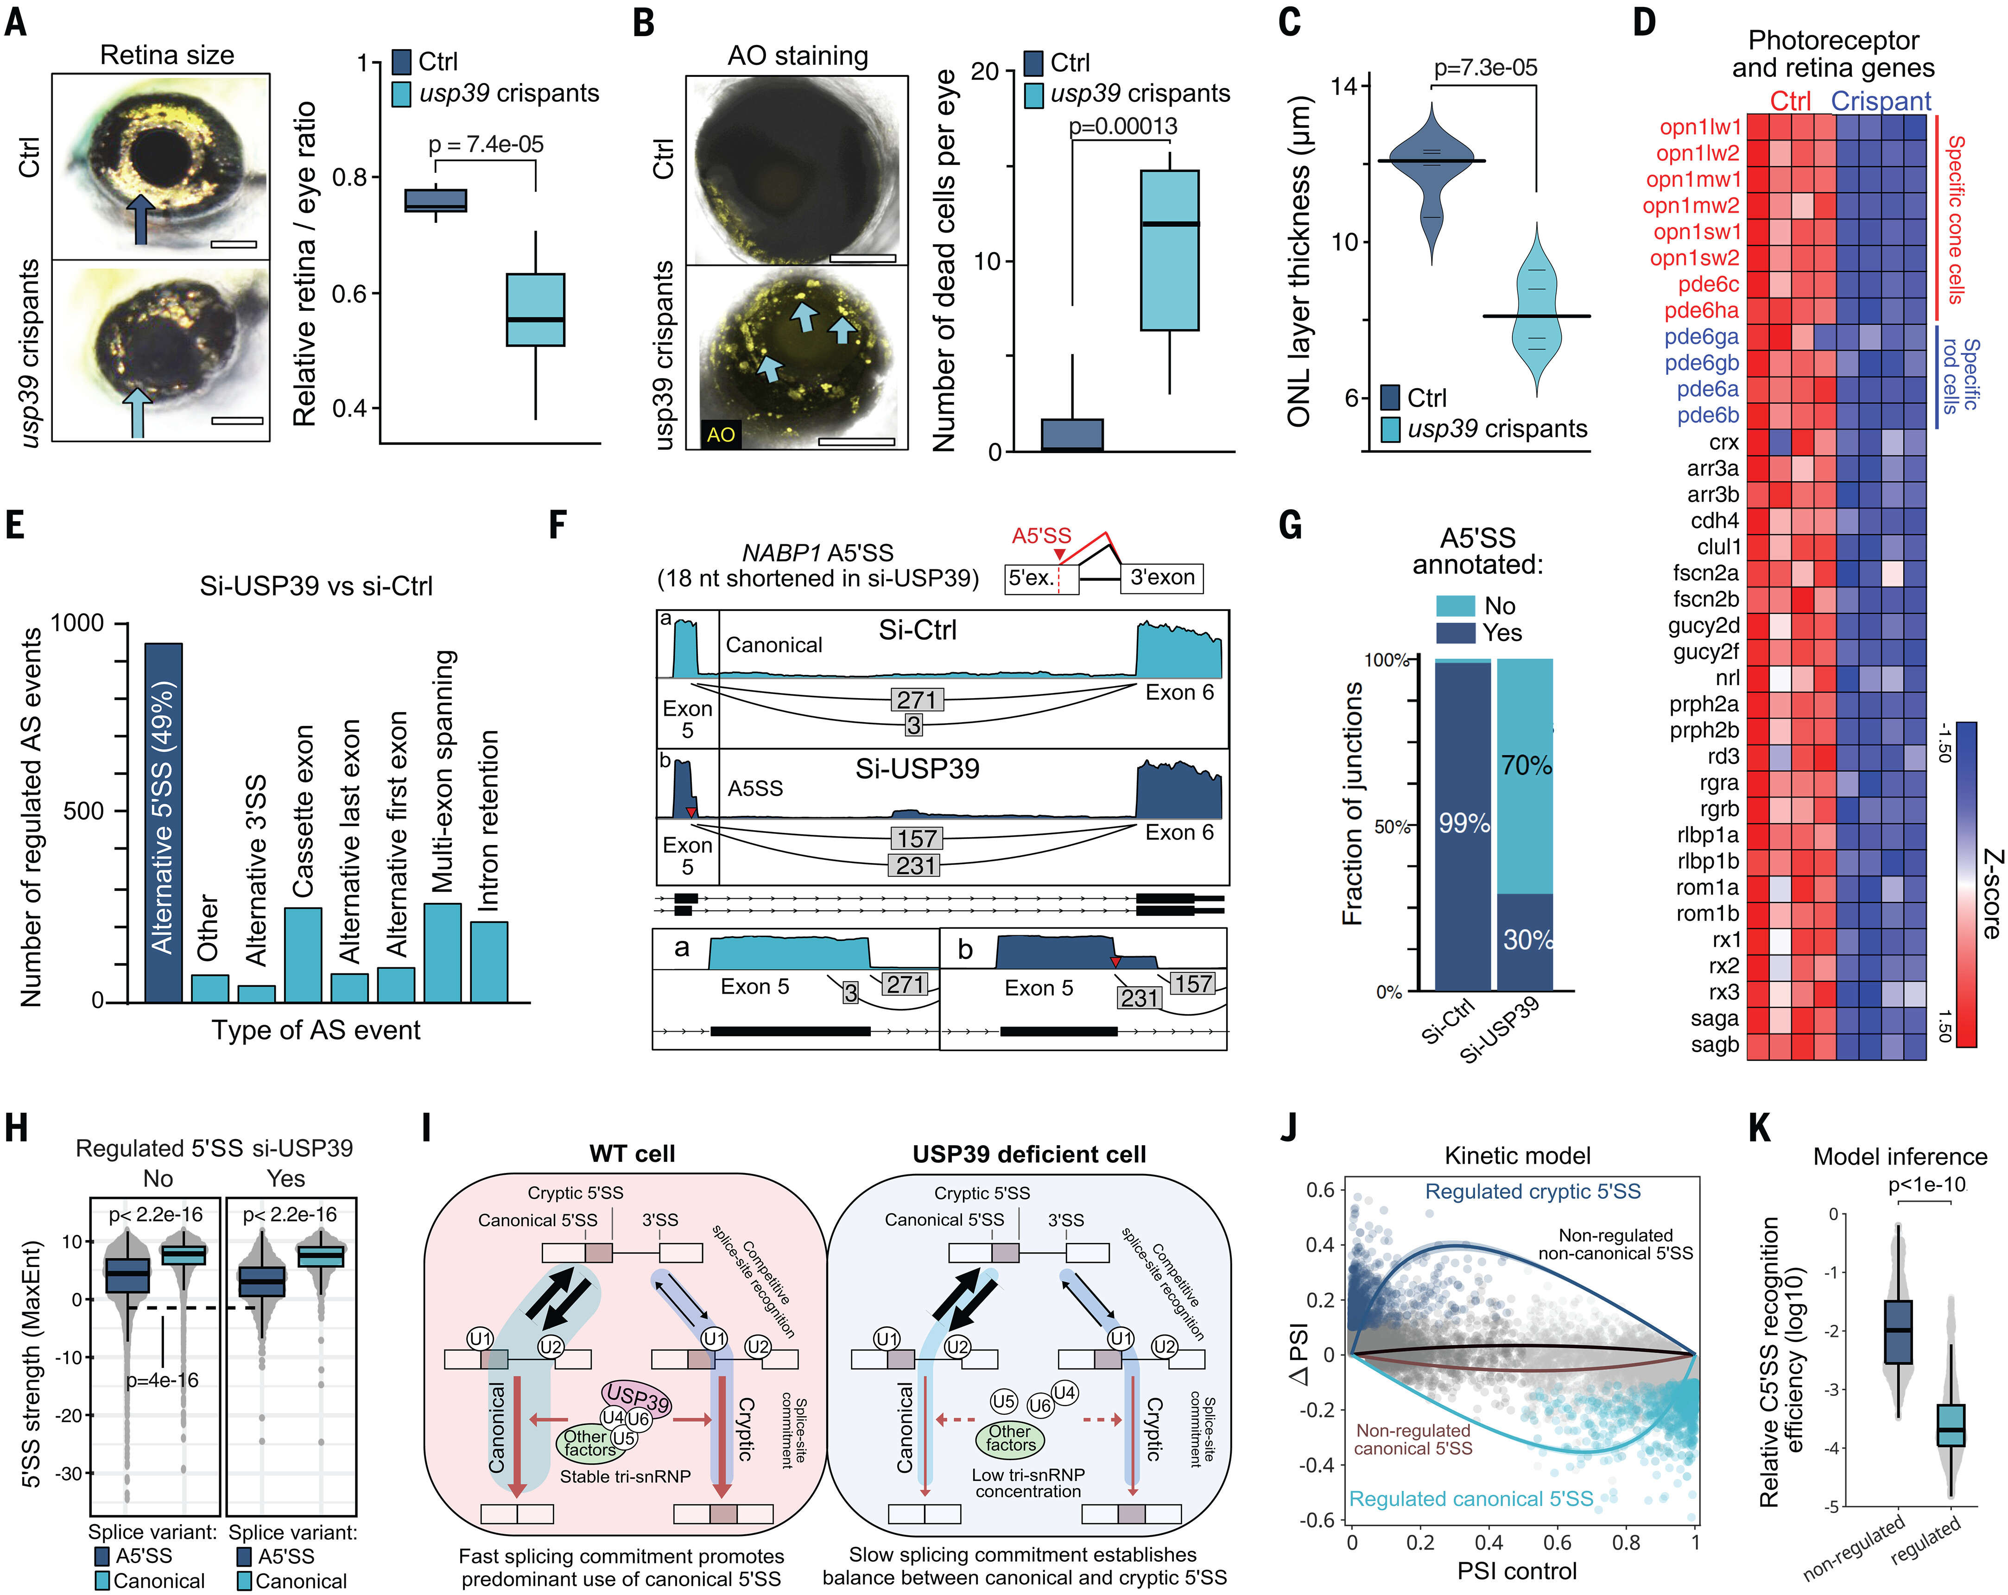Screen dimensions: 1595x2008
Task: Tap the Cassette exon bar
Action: click(x=303, y=954)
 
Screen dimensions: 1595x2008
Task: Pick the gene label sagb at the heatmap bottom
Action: click(x=1715, y=1045)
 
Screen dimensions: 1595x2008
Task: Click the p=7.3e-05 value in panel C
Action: click(x=1486, y=68)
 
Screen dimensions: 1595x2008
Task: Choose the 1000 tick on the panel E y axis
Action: click(x=77, y=623)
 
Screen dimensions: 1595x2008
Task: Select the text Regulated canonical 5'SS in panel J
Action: click(x=1471, y=1498)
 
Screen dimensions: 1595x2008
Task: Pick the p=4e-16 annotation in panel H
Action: click(x=163, y=1380)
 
